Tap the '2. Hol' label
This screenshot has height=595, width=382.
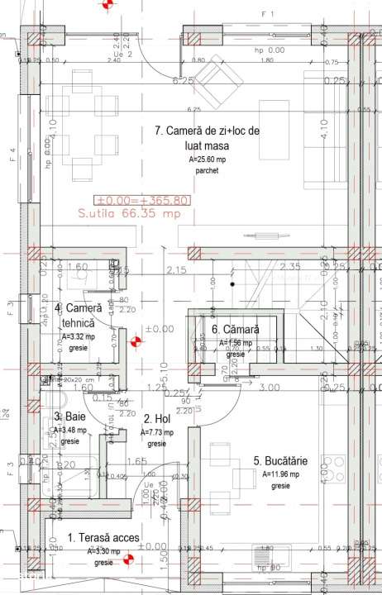157,419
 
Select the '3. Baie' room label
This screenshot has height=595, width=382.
69,417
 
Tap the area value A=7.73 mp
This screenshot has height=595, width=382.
158,432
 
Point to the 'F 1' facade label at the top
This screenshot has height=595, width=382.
265,14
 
